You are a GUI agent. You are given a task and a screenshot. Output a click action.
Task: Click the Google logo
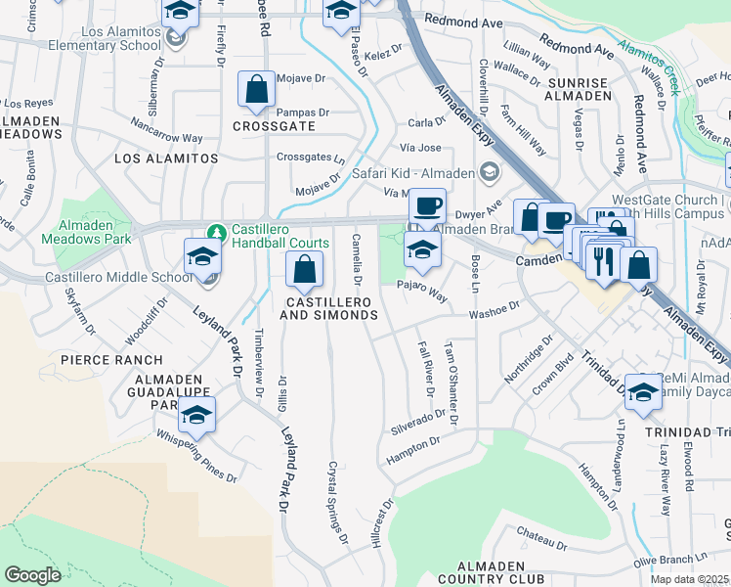pos(32,575)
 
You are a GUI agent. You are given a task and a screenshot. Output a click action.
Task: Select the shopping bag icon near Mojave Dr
pos(255,90)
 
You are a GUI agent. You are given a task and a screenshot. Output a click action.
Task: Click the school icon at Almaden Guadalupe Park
pos(196,415)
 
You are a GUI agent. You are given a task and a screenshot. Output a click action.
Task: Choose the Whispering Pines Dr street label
pos(196,458)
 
